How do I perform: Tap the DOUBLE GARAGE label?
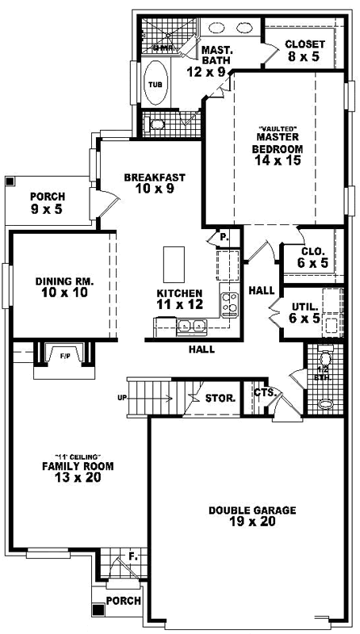tap(252, 517)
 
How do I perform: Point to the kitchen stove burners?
tap(230, 302)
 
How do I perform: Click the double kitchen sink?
tap(191, 324)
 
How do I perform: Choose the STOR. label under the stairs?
tap(220, 398)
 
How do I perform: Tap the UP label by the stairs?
tap(122, 398)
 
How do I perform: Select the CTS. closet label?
tap(264, 392)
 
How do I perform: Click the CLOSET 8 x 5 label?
tap(302, 51)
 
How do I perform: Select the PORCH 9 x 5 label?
tap(48, 203)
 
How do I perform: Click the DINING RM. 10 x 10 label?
tap(65, 287)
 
